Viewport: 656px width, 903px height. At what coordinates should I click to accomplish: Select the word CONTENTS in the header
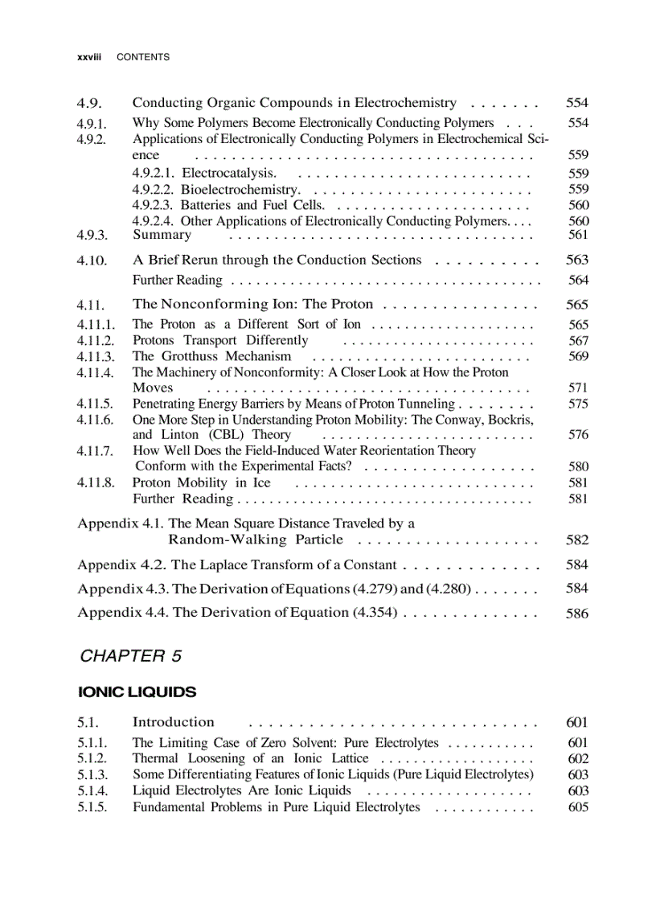(x=143, y=57)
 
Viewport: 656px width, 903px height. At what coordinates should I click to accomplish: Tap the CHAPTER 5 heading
(x=131, y=656)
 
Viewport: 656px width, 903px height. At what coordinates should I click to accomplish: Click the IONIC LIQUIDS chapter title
(x=137, y=692)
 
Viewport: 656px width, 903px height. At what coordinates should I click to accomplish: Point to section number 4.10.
(x=92, y=261)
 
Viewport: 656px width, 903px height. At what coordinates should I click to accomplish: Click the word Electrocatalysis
(x=229, y=173)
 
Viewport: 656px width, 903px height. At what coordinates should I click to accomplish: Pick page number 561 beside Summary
(x=578, y=235)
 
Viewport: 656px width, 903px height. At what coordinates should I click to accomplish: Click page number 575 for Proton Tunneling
(x=578, y=404)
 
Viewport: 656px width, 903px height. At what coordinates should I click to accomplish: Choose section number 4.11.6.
(x=96, y=420)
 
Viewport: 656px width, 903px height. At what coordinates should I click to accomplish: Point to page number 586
(x=577, y=614)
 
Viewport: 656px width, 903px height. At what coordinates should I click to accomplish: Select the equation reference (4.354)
(x=375, y=613)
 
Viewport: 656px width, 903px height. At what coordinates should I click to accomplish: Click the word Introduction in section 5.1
(x=173, y=722)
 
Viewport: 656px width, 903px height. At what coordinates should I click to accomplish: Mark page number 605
(x=578, y=807)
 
